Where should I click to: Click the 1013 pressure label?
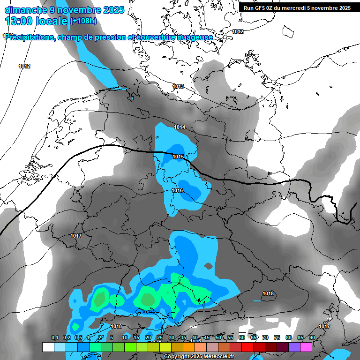pyautogui.click(x=178, y=86)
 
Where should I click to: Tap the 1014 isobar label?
pyautogui.click(x=180, y=127)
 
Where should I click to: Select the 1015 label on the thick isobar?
pyautogui.click(x=178, y=157)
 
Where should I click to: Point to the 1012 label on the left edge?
pyautogui.click(x=24, y=66)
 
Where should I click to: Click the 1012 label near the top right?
pyautogui.click(x=238, y=31)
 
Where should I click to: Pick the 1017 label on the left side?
pyautogui.click(x=76, y=236)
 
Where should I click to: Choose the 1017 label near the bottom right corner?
pyautogui.click(x=324, y=326)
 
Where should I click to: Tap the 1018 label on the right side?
pyautogui.click(x=268, y=293)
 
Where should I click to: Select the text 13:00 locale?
pyautogui.click(x=37, y=21)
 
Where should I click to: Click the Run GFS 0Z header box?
pyautogui.click(x=297, y=8)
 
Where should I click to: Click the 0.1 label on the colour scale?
pyautogui.click(x=54, y=337)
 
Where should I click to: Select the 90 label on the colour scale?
pyautogui.click(x=312, y=337)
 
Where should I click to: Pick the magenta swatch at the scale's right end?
pyautogui.click(x=306, y=347)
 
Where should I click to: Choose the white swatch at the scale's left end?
pyautogui.click(x=48, y=347)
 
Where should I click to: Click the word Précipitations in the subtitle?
pyautogui.click(x=29, y=37)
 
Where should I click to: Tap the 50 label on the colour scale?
pyautogui.click(x=218, y=337)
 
